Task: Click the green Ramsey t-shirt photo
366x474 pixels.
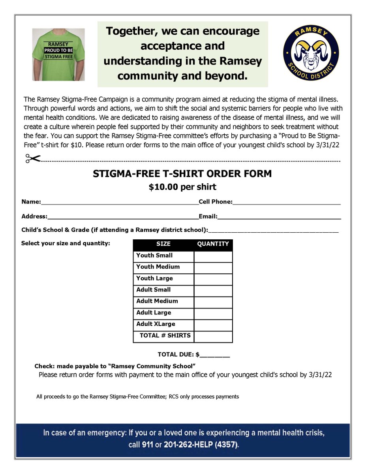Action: pyautogui.click(x=58, y=55)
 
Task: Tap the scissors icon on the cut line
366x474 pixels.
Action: pyautogui.click(x=33, y=158)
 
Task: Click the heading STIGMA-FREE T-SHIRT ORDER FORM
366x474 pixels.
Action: pyautogui.click(x=182, y=174)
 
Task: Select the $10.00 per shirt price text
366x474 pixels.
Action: pyautogui.click(x=182, y=187)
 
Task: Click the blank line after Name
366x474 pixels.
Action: pyautogui.click(x=119, y=203)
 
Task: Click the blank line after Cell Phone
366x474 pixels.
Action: pyautogui.click(x=286, y=203)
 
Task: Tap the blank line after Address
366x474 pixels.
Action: pyautogui.click(x=122, y=217)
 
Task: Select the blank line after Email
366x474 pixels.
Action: pyautogui.click(x=279, y=217)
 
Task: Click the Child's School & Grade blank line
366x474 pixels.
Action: pyautogui.click(x=273, y=231)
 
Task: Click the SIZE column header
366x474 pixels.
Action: pyautogui.click(x=163, y=244)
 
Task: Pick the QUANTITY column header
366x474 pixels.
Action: pyautogui.click(x=213, y=244)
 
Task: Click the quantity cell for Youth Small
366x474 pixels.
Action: pyautogui.click(x=213, y=256)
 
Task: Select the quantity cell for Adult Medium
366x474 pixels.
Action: pyautogui.click(x=213, y=302)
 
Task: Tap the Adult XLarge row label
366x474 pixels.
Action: pyautogui.click(x=156, y=324)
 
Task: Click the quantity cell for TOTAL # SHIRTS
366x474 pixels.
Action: pyautogui.click(x=213, y=337)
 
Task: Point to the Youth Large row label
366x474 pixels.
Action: pyautogui.click(x=154, y=278)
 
